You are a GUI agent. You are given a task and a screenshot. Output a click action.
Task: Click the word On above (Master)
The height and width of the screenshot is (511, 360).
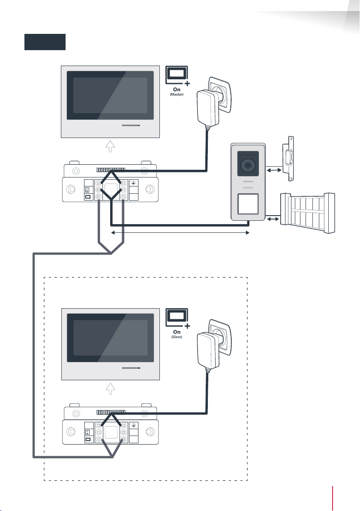tap(177, 89)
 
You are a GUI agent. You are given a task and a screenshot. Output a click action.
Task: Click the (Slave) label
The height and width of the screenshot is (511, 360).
tap(177, 337)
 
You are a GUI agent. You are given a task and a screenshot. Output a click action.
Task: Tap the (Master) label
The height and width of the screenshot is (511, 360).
tap(177, 94)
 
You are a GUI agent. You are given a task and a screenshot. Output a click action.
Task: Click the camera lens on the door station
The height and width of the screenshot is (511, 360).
tap(248, 165)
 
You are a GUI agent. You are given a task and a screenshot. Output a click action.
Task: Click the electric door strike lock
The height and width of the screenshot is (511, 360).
tap(289, 158)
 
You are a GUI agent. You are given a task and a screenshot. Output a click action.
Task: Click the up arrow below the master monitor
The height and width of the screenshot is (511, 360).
tap(111, 146)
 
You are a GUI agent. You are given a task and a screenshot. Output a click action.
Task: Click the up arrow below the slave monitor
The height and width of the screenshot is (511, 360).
tap(111, 388)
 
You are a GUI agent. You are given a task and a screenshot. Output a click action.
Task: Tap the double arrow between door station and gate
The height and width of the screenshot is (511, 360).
tap(273, 219)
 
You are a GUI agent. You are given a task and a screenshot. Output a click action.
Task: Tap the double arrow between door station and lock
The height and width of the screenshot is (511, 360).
tap(274, 170)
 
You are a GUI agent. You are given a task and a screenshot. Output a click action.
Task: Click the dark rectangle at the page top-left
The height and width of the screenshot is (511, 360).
tap(45, 42)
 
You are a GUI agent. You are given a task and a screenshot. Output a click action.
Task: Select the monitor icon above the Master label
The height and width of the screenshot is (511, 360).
tap(177, 75)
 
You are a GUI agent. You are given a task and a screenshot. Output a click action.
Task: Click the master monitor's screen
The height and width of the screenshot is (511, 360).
tap(110, 96)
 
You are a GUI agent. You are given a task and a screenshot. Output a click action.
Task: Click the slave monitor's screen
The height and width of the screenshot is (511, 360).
tap(111, 338)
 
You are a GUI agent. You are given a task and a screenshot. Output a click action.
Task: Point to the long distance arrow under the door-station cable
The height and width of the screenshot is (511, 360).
tap(180, 233)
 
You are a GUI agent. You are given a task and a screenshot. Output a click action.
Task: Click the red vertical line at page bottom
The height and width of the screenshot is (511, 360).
tap(333, 499)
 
